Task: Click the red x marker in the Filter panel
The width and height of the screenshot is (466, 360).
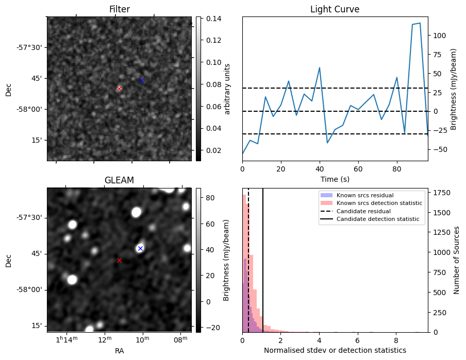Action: pyautogui.click(x=119, y=89)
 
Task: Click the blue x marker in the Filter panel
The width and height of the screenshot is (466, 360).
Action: pyautogui.click(x=141, y=80)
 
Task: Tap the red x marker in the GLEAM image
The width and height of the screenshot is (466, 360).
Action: pyautogui.click(x=119, y=260)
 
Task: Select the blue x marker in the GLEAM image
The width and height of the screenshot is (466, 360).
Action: pyautogui.click(x=140, y=248)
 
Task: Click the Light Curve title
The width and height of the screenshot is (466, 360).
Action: pyautogui.click(x=335, y=9)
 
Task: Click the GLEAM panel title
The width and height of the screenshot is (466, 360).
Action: pyautogui.click(x=119, y=180)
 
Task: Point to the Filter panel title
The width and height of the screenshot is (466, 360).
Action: pyautogui.click(x=119, y=9)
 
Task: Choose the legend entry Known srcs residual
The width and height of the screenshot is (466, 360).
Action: pyautogui.click(x=365, y=195)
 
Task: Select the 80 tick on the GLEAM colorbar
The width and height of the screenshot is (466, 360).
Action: pyautogui.click(x=211, y=198)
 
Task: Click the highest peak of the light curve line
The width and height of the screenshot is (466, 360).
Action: pyautogui.click(x=420, y=23)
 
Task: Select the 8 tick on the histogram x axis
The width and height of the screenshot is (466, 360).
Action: pyautogui.click(x=395, y=340)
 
